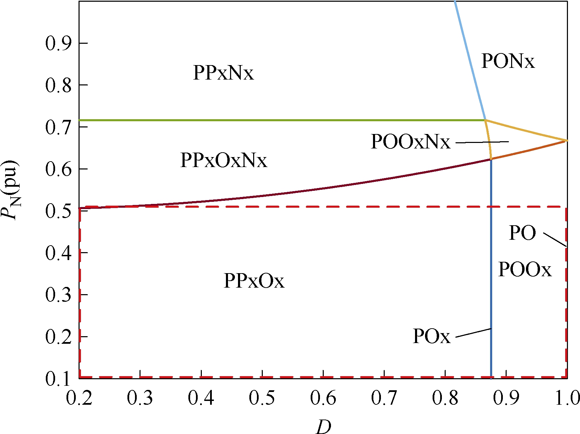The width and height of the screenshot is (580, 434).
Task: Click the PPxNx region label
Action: [223, 73]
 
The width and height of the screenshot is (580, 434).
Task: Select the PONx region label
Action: [508, 61]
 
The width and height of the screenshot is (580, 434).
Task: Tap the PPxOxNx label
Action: [224, 160]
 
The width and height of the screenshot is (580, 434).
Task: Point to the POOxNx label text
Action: [410, 142]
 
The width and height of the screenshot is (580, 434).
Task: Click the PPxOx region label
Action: [254, 281]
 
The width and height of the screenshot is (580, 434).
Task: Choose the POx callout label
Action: [432, 336]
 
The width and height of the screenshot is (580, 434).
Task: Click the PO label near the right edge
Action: [522, 233]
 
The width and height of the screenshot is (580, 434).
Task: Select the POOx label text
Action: [525, 269]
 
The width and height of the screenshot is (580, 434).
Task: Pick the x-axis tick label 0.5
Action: [262, 398]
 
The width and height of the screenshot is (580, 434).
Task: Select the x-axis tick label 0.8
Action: [445, 398]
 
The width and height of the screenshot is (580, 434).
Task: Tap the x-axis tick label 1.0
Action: [567, 398]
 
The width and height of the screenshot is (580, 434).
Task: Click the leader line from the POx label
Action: [473, 333]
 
